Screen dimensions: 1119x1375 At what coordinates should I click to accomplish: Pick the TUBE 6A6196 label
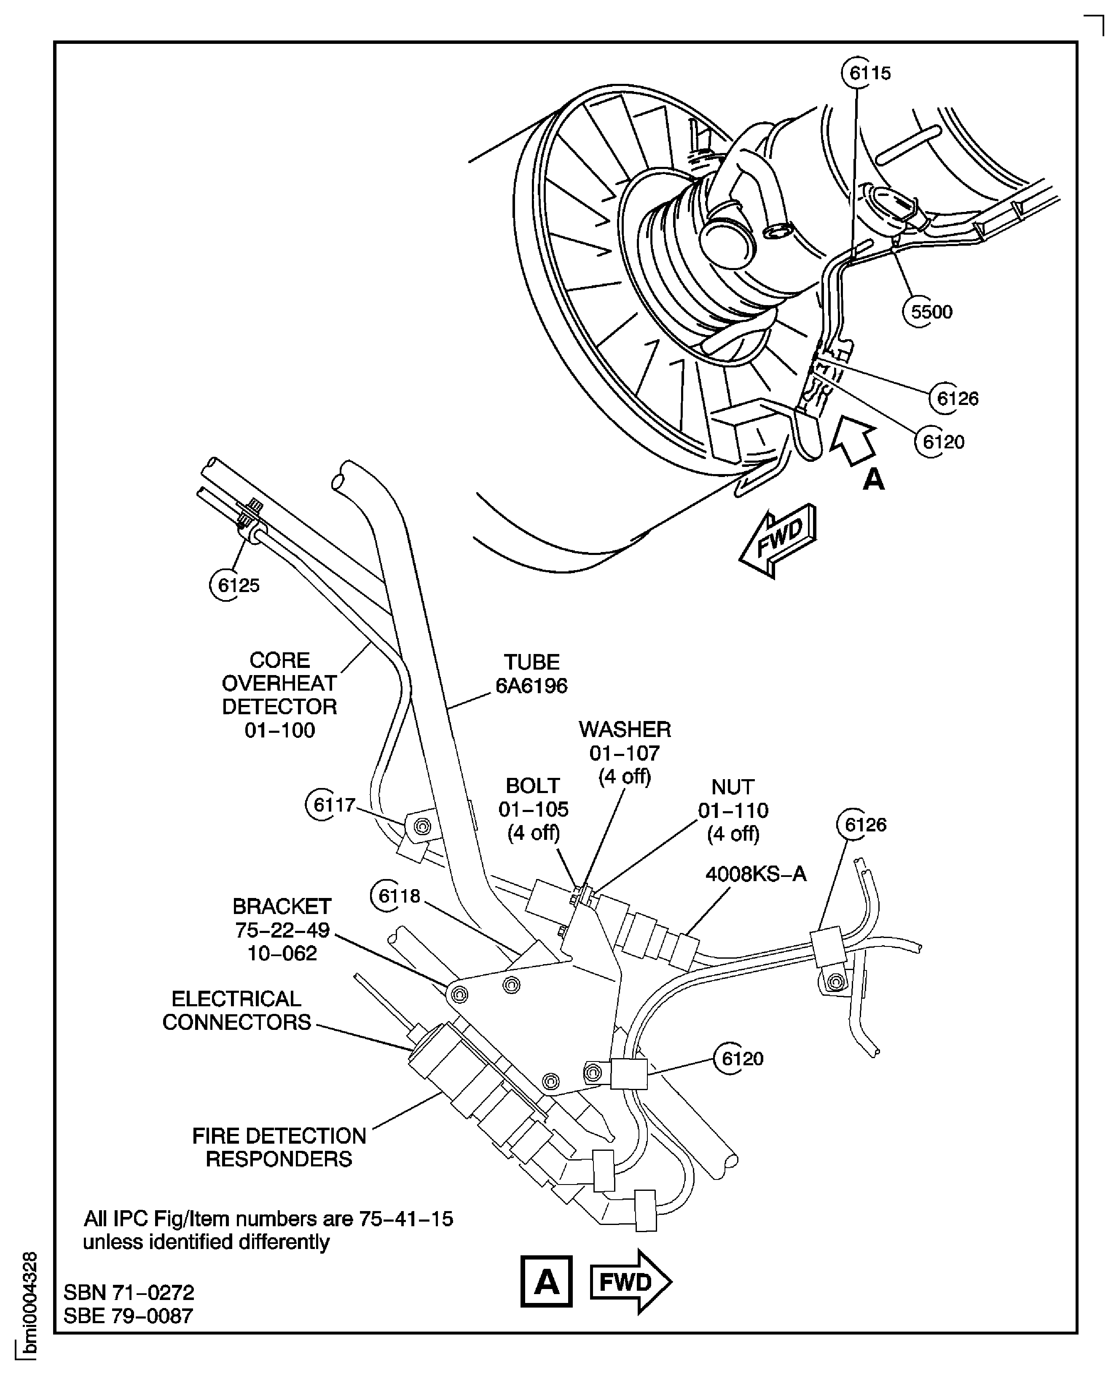click(531, 674)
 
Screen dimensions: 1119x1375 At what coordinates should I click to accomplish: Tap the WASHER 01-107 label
click(625, 753)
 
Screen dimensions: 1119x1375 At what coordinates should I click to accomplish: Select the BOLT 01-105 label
click(533, 809)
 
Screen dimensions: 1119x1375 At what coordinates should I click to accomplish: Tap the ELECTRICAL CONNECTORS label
click(236, 1010)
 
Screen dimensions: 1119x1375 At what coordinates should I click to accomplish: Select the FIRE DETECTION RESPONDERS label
click(279, 1147)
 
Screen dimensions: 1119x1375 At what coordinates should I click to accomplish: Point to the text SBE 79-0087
click(128, 1316)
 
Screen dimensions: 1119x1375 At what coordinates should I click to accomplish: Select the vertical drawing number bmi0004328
click(28, 1308)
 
